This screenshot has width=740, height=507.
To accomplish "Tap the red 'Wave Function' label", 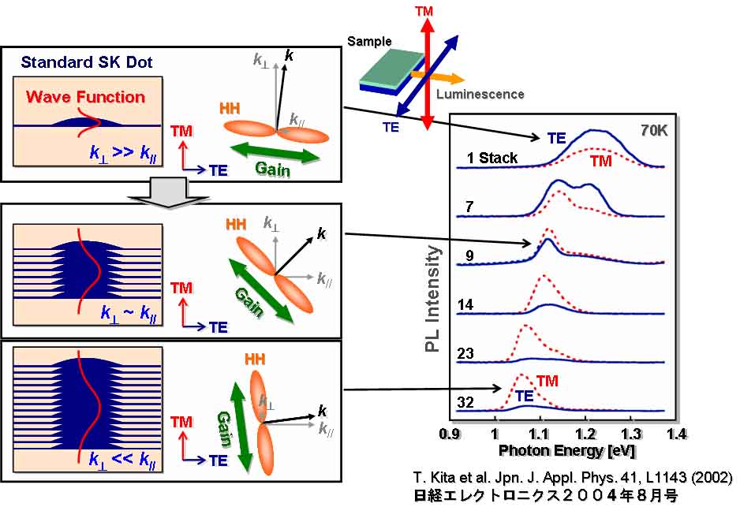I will [86, 98].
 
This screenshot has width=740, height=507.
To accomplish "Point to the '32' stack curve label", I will [465, 403].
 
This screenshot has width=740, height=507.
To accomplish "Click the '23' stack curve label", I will [465, 353].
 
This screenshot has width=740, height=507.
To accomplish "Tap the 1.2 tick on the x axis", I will [585, 433].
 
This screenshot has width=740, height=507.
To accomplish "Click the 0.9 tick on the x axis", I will [450, 433].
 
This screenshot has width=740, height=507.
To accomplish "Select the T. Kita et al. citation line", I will [573, 478].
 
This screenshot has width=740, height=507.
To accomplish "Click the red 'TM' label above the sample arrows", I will [427, 12].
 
